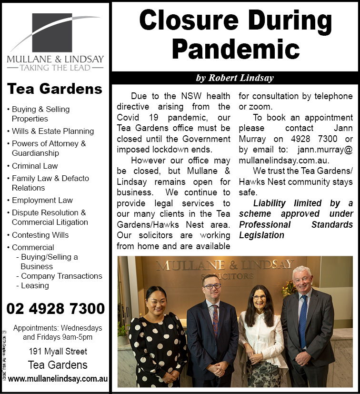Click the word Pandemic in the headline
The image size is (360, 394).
[x=235, y=49]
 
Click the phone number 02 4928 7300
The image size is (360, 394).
[x=56, y=309]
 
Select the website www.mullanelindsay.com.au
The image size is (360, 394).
[x=58, y=379]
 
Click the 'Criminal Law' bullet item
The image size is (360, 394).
[x=35, y=166]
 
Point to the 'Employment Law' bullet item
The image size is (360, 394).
[x=42, y=200]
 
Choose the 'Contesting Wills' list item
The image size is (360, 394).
[x=40, y=235]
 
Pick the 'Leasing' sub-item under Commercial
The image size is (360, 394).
[x=35, y=285]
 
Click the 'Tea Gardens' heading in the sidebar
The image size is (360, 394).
[x=55, y=89]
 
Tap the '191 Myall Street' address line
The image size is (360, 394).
[x=58, y=352]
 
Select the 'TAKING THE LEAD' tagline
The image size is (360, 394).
[x=55, y=68]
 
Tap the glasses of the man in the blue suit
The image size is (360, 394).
[x=212, y=286]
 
